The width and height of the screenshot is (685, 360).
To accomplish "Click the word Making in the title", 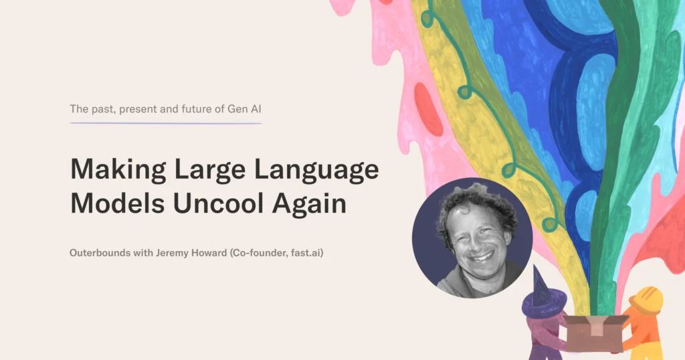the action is click(118, 170).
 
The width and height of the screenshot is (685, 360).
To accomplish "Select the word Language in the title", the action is click(316, 170).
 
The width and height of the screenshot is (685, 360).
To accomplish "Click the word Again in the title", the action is click(309, 205).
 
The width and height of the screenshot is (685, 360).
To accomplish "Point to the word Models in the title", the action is click(118, 203).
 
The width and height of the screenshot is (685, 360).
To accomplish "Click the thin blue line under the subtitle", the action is click(166, 123).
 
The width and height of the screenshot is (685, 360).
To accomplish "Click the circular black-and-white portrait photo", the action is click(472, 238).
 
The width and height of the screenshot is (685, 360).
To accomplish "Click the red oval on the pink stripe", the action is click(429, 109).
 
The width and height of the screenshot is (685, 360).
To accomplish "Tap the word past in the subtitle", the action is click(104, 109).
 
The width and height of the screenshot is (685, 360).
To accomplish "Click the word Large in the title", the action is click(210, 170).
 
